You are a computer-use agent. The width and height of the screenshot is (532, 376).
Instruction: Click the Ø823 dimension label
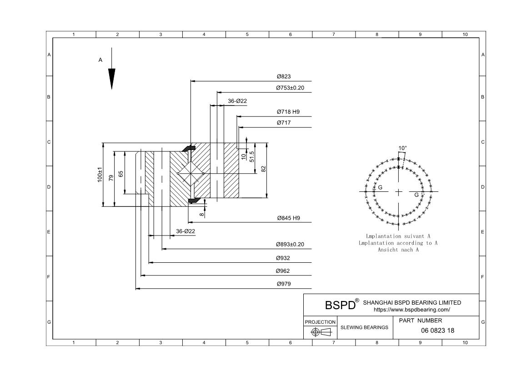[x=284, y=76]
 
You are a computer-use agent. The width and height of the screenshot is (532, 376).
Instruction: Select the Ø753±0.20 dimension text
[x=290, y=88]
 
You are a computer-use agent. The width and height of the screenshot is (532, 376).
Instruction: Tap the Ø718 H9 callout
[x=288, y=111]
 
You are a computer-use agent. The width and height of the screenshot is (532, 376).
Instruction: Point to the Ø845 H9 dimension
[x=289, y=218]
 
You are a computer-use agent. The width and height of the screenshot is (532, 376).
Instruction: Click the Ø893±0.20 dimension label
[x=290, y=244]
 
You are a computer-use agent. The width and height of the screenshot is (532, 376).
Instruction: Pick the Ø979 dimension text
[x=284, y=284]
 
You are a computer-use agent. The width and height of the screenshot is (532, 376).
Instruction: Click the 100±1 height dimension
[x=100, y=175]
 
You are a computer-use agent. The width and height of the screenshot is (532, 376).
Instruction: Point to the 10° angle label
[x=403, y=148]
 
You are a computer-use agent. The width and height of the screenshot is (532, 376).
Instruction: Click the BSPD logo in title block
[x=340, y=305]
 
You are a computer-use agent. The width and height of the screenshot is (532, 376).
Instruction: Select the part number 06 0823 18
[x=437, y=331]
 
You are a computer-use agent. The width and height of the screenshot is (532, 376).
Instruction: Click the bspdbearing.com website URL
[x=412, y=310]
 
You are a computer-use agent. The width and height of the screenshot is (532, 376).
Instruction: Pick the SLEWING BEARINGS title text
[x=365, y=327]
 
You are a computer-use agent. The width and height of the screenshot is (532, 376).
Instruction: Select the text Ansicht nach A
[x=398, y=250]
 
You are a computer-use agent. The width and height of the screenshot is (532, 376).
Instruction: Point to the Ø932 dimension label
[x=283, y=258]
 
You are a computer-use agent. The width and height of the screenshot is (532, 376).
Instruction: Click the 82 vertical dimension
[x=264, y=169]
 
